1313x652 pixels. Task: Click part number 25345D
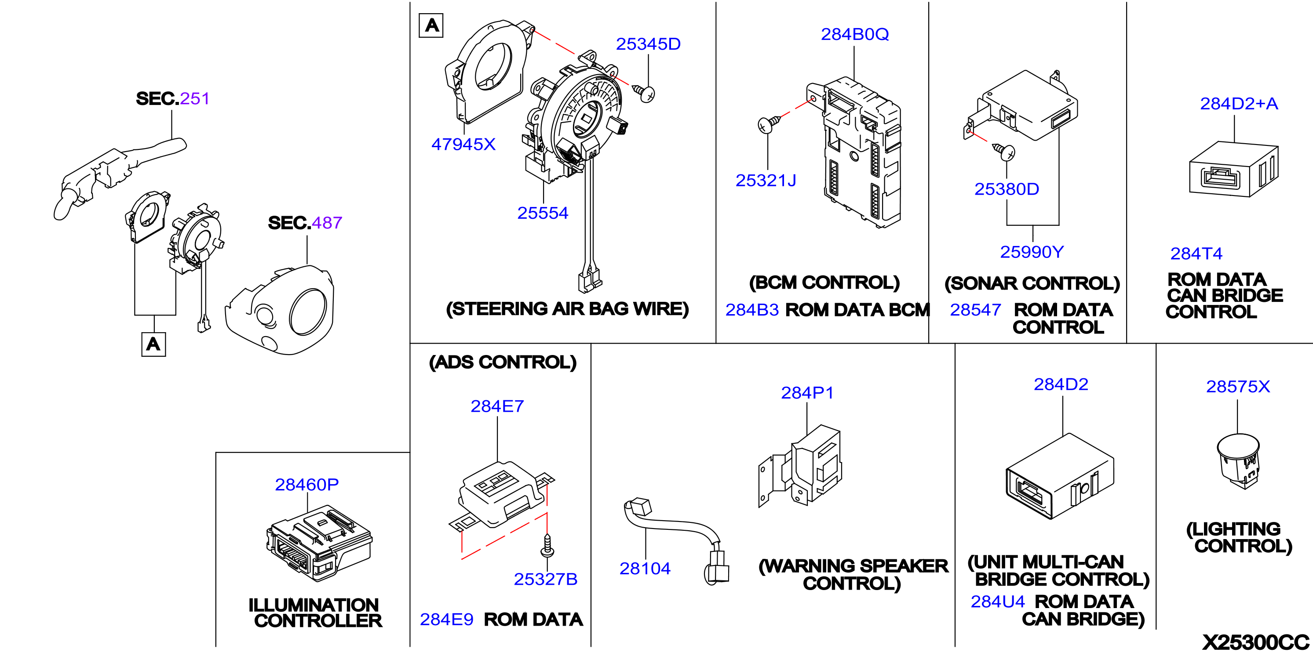pyautogui.click(x=648, y=44)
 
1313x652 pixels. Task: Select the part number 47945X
pyautogui.click(x=463, y=144)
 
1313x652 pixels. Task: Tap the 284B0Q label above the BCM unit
pyautogui.click(x=855, y=34)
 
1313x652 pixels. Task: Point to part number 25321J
pyautogui.click(x=766, y=180)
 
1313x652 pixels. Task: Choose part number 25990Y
pyautogui.click(x=1032, y=252)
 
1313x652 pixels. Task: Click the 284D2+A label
pyautogui.click(x=1239, y=103)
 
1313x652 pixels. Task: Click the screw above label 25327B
pyautogui.click(x=547, y=546)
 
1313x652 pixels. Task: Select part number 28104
pyautogui.click(x=645, y=569)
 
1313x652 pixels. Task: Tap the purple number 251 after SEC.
pyautogui.click(x=195, y=98)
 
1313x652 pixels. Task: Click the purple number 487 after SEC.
pyautogui.click(x=327, y=223)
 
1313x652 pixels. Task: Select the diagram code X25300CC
pyautogui.click(x=1255, y=642)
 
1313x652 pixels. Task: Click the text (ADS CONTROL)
pyautogui.click(x=503, y=362)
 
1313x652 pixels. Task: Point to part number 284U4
pyautogui.click(x=997, y=601)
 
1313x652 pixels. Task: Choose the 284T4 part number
pyautogui.click(x=1196, y=253)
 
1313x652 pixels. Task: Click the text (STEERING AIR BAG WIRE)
pyautogui.click(x=567, y=309)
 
